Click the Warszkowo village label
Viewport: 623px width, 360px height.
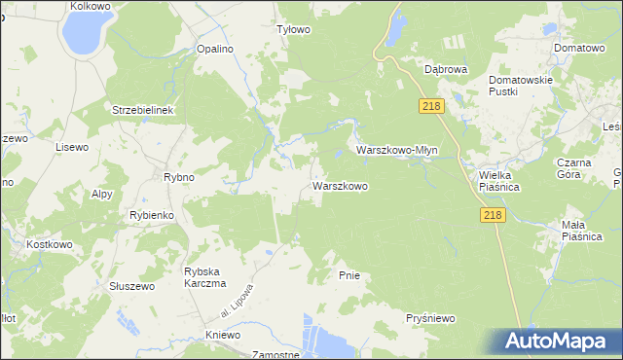[339, 185]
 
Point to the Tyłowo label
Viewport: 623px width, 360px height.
[293, 29]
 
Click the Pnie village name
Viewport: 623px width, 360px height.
[349, 275]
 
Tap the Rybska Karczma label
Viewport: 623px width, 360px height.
[204, 277]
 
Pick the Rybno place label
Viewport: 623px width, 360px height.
[179, 177]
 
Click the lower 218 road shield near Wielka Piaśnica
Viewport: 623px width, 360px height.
[493, 216]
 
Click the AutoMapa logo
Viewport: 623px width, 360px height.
[555, 342]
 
